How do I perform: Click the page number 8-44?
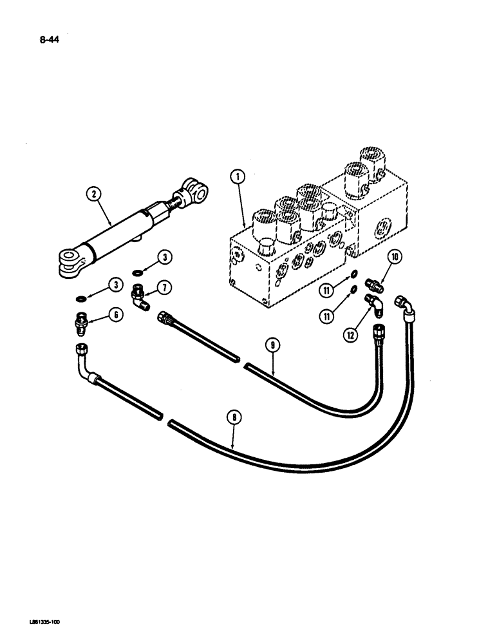coord(49,44)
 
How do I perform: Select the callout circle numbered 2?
coord(95,194)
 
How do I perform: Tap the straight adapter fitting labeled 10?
coord(373,283)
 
